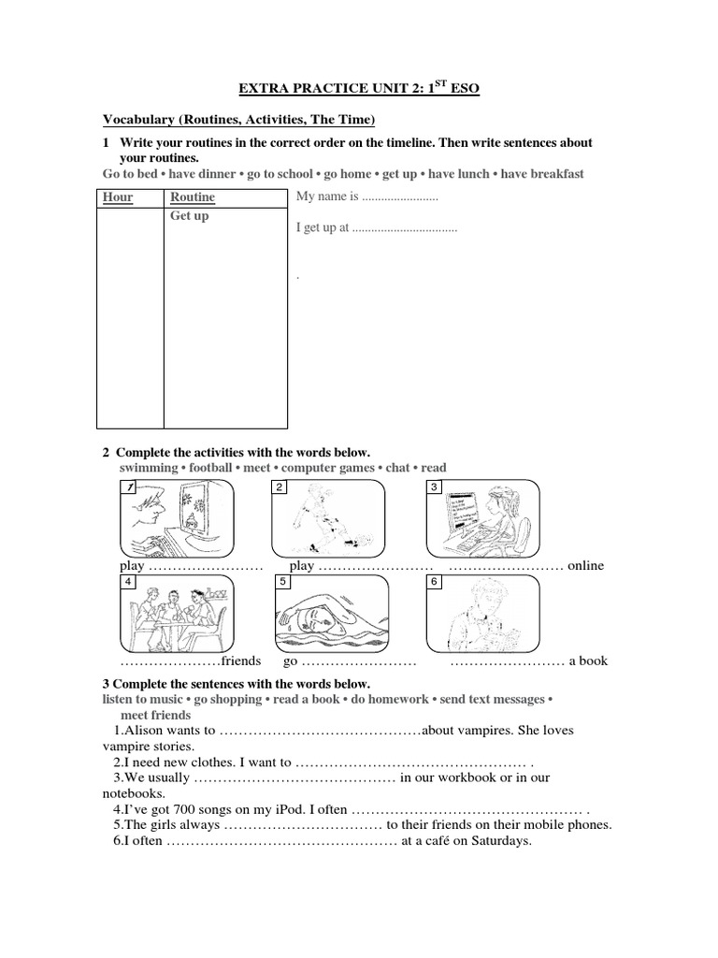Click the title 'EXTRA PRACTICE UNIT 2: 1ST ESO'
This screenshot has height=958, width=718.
359,88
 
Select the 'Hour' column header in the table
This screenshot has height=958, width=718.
118,196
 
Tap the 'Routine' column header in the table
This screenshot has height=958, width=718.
192,196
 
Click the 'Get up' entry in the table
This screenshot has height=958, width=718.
189,215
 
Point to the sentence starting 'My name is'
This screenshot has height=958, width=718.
366,196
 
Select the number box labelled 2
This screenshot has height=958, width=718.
280,487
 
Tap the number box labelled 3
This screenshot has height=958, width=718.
434,487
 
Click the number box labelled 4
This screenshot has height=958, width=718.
127,582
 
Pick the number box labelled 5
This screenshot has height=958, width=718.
280,582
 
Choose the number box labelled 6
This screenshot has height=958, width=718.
434,582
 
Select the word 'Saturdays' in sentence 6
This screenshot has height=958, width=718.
500,840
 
